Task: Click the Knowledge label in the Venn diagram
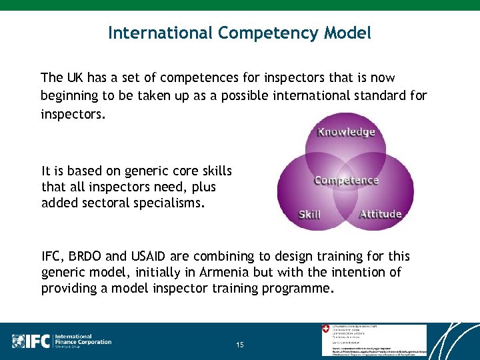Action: click(346, 131)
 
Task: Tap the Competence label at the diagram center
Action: click(346, 180)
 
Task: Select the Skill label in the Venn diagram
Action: click(309, 214)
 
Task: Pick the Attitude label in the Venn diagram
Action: click(380, 214)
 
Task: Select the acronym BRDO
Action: click(87, 256)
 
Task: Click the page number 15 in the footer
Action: click(240, 345)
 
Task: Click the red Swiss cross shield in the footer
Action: click(325, 329)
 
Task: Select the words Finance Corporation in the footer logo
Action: click(83, 342)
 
